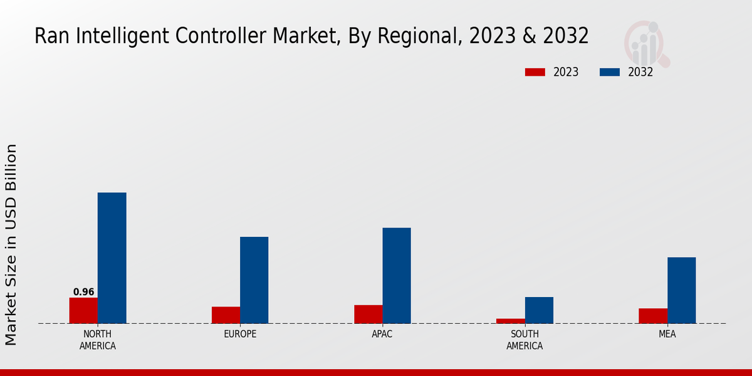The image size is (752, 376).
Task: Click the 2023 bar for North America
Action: point(83,310)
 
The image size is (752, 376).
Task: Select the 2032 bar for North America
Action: point(112,258)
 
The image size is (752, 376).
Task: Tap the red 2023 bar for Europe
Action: point(226,315)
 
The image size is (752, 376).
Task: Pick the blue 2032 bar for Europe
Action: point(254,279)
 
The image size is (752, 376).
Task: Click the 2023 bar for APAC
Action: point(368,314)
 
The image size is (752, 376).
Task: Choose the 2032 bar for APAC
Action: point(397,275)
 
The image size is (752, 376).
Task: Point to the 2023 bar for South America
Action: point(511,321)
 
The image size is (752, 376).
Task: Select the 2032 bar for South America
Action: point(539,310)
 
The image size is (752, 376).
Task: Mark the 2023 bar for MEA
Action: point(653,316)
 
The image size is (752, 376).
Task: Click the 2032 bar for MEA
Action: point(681,290)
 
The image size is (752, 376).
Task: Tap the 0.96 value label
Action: point(83,292)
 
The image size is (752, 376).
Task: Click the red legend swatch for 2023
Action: point(535,72)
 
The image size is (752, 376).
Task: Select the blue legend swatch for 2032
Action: point(610,72)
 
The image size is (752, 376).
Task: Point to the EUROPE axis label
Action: point(240,334)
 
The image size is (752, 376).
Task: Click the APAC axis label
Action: point(382,334)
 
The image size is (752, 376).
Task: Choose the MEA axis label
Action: point(667,334)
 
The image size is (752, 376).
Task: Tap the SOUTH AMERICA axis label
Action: point(525,340)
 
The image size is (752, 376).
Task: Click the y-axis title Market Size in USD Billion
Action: point(11,244)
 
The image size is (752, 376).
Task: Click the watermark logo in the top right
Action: point(646,44)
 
